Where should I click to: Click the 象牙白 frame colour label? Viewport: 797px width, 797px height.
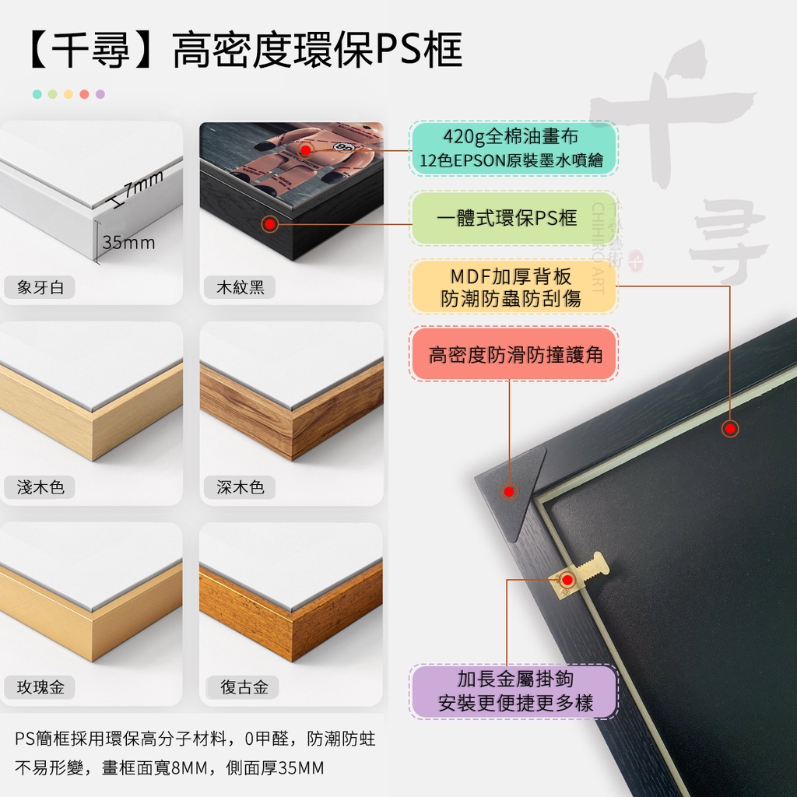coord(40,287)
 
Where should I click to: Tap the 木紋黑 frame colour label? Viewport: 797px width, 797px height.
coord(240,287)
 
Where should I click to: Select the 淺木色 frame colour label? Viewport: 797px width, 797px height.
coord(40,487)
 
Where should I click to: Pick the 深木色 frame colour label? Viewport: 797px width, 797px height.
coord(240,487)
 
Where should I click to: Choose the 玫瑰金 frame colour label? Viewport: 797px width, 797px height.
coord(40,687)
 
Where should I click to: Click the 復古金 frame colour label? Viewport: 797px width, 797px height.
coord(244,687)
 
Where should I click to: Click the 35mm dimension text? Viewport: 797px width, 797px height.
coord(128,243)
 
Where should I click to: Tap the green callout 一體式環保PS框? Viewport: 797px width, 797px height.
coord(514,218)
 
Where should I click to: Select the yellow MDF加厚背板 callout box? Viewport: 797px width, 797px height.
coord(514,286)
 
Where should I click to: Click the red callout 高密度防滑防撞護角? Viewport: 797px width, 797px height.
coord(514,354)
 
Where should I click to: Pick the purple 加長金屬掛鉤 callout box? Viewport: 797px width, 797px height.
coord(514,691)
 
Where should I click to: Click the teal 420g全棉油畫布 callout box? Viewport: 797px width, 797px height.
coord(514,149)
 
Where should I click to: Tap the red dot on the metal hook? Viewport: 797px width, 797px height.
coord(567,580)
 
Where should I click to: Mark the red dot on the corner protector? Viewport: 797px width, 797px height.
coord(509,492)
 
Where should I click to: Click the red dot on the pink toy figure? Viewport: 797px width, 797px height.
coord(305,150)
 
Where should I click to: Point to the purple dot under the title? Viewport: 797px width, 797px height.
coord(100,94)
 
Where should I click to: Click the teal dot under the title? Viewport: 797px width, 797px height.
coord(37,94)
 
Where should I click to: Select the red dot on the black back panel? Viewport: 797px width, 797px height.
coord(730,429)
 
